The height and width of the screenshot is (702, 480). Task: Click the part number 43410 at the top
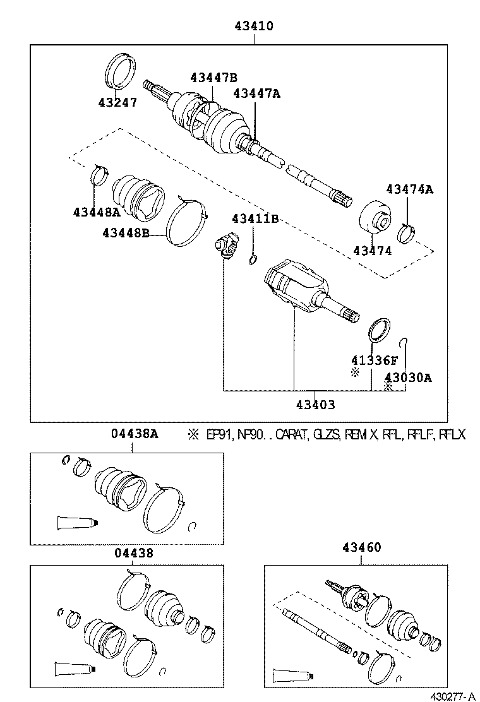tap(253, 27)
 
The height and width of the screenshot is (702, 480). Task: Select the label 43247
tap(117, 102)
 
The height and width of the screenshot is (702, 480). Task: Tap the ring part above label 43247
tap(120, 71)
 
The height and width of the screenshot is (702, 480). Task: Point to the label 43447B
tap(213, 78)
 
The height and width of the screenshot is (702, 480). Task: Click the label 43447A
tap(256, 93)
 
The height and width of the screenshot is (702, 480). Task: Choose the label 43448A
tap(96, 212)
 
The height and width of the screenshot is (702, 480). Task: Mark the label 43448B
tap(126, 233)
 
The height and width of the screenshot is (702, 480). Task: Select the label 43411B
tap(255, 218)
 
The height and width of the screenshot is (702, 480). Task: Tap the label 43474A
tap(410, 189)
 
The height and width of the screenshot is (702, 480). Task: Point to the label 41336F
tap(375, 360)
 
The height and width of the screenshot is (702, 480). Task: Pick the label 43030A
tap(408, 378)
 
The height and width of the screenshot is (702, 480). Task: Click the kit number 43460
tap(362, 547)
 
